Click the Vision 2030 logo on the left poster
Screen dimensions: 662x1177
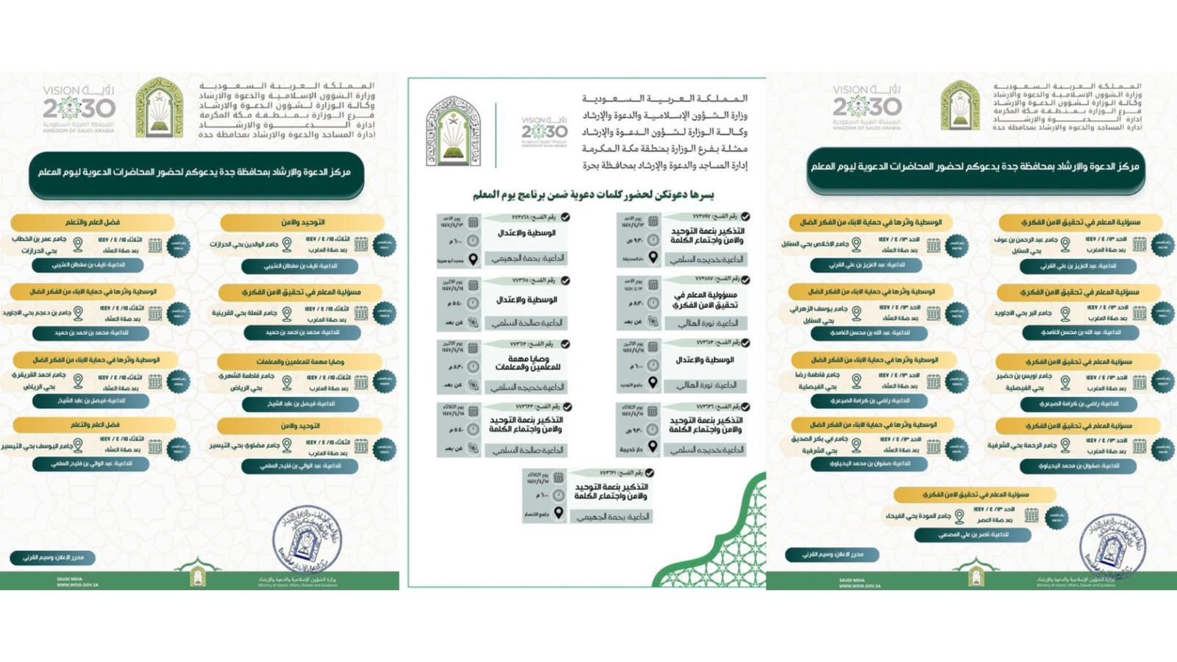pos(79,109)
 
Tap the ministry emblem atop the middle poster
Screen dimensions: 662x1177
pos(453,131)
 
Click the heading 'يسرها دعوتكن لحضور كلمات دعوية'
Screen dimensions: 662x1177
pos(593,195)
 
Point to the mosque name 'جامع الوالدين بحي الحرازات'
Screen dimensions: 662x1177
pos(244,244)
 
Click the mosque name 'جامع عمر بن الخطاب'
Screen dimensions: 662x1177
pos(39,239)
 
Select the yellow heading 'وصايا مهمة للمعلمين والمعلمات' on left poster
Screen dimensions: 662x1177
pos(300,361)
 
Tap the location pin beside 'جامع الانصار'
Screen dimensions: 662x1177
pos(559,513)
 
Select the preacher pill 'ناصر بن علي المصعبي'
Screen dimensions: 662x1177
pos(972,535)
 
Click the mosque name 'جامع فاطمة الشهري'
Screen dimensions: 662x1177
pos(246,376)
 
